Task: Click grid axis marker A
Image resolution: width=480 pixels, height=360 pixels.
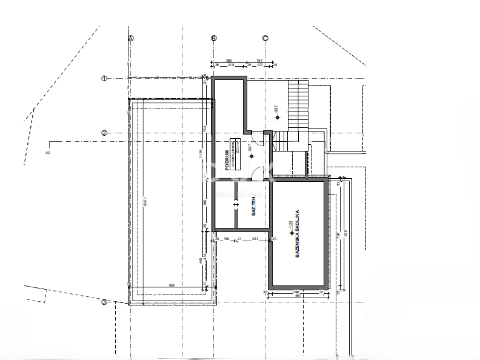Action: click(130, 38)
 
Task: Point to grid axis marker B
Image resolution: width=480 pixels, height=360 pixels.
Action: click(213, 38)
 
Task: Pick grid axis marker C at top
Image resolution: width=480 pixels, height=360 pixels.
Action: click(265, 38)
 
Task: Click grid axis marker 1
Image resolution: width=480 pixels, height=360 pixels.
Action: click(104, 78)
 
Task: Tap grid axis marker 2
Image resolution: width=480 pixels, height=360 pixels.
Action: click(104, 133)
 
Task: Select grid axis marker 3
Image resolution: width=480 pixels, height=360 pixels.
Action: click(104, 302)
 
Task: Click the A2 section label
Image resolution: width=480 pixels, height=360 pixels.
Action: click(47, 153)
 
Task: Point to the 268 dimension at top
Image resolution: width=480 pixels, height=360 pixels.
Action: click(229, 61)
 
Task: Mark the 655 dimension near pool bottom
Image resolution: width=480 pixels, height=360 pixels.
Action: click(172, 285)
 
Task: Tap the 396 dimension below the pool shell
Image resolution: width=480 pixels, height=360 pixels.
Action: click(296, 293)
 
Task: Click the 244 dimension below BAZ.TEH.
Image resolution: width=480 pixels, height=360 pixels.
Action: click(256, 239)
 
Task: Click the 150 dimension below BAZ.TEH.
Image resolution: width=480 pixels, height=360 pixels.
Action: click(227, 239)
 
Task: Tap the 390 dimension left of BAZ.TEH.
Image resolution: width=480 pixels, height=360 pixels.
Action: click(205, 203)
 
